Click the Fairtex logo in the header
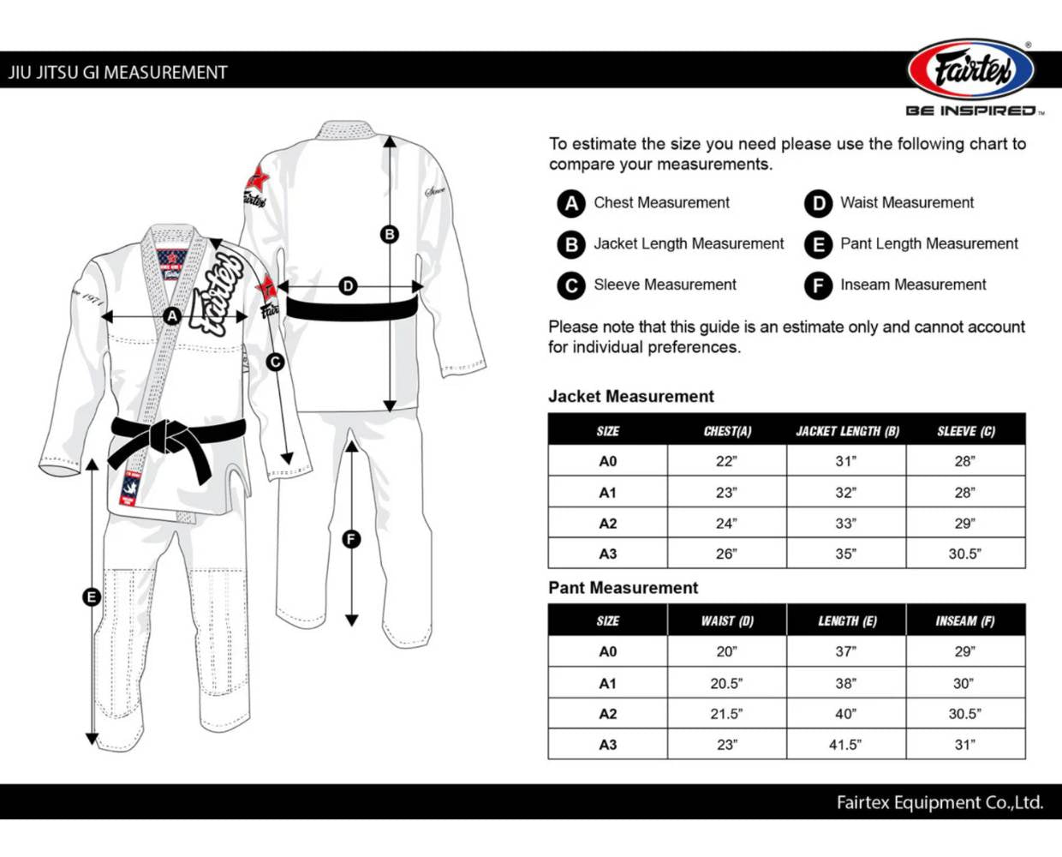pyautogui.click(x=971, y=69)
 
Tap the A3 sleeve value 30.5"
pyautogui.click(x=964, y=554)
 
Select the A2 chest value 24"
pyautogui.click(x=726, y=523)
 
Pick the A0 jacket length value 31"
pyautogui.click(x=846, y=461)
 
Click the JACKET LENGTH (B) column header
pyautogui.click(x=847, y=431)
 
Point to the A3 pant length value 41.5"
pyautogui.click(x=845, y=745)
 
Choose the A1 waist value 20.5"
pyautogui.click(x=726, y=683)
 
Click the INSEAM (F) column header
pyautogui.click(x=965, y=620)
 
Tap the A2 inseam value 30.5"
pyautogui.click(x=964, y=713)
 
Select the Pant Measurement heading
pyautogui.click(x=623, y=588)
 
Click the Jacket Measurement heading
pyautogui.click(x=630, y=397)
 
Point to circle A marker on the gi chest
pyautogui.click(x=172, y=316)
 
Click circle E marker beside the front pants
pyautogui.click(x=92, y=596)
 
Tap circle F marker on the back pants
pyautogui.click(x=351, y=539)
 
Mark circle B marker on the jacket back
pyautogui.click(x=390, y=234)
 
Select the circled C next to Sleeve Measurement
pyautogui.click(x=571, y=285)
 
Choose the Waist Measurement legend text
pyautogui.click(x=906, y=203)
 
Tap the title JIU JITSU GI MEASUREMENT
pyautogui.click(x=118, y=73)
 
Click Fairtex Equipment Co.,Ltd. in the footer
pyautogui.click(x=940, y=803)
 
